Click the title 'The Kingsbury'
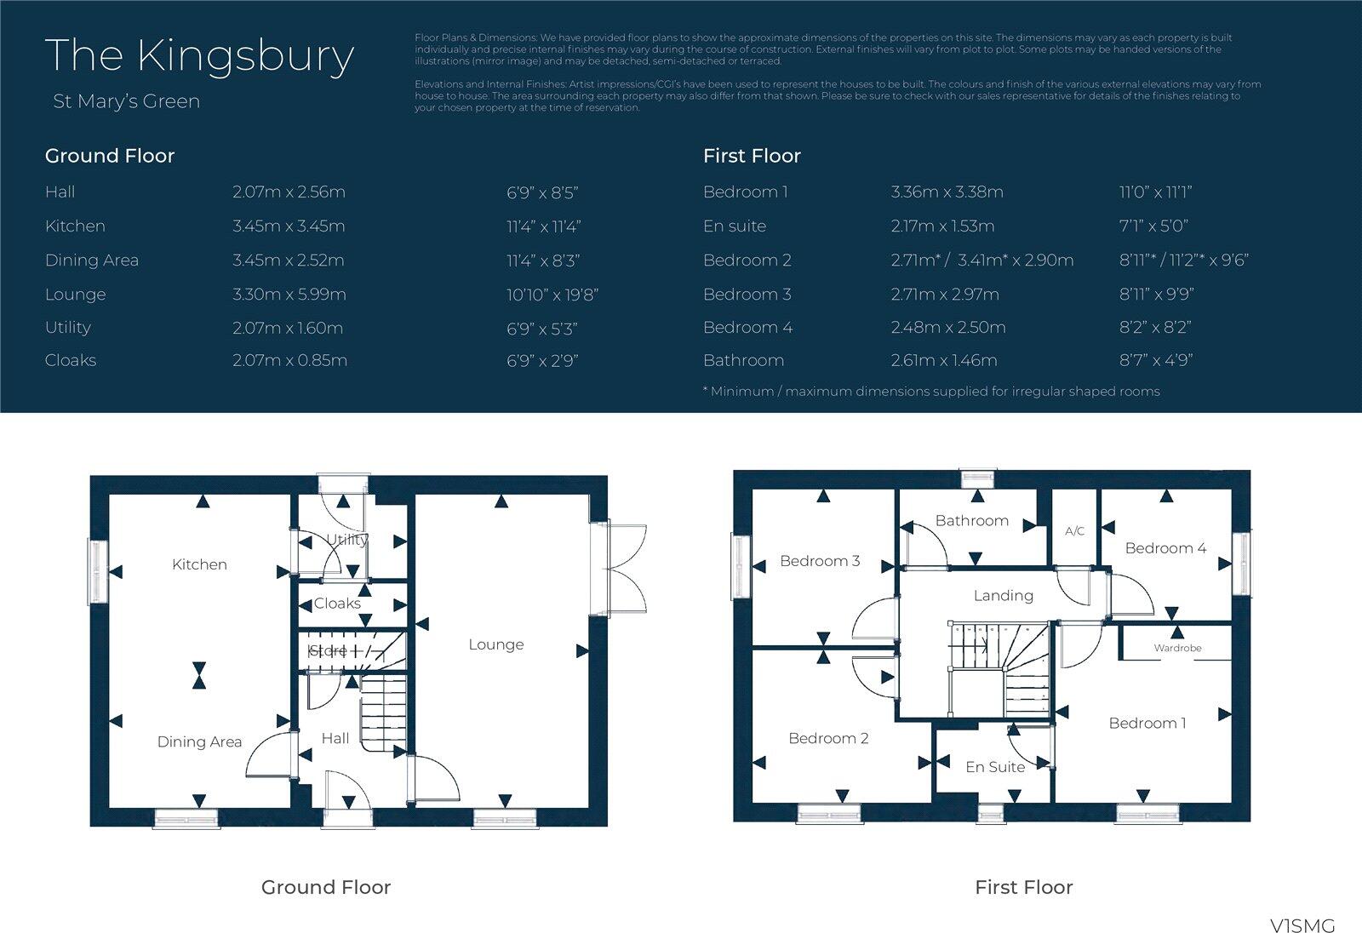199,56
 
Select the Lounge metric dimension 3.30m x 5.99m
289,295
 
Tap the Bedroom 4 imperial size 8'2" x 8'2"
1154,328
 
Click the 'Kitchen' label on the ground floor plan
199,564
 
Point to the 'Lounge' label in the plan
495,644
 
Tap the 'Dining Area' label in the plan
199,741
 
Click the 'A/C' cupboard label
1074,531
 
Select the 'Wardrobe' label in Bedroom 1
1177,648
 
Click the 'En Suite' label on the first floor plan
994,767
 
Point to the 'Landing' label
1003,596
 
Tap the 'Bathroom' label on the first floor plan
971,520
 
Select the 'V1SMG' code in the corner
1302,925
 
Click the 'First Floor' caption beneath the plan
1023,887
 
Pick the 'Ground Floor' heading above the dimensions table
109,156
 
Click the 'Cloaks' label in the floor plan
337,604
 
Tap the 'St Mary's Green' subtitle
126,101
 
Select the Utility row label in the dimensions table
67,328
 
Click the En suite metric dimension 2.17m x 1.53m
942,226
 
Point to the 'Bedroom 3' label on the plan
819,561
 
